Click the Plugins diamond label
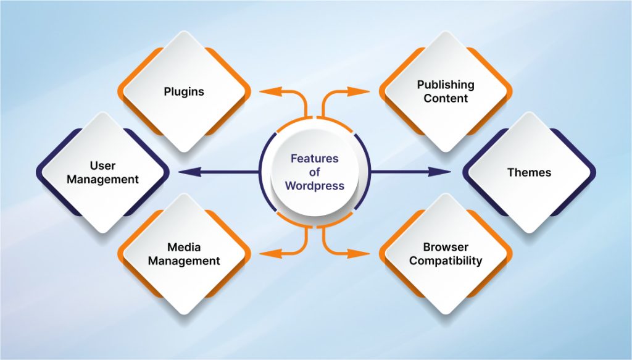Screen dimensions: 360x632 [x=184, y=91]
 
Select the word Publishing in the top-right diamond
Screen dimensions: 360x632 [x=445, y=85]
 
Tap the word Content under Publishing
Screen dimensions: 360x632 [x=445, y=98]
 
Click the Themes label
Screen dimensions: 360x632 [x=529, y=172]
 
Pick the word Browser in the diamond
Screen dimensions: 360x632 [x=445, y=248]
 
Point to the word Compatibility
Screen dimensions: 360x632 [x=445, y=261]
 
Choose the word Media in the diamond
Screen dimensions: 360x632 [x=184, y=248]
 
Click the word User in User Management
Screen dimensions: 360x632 [x=102, y=165]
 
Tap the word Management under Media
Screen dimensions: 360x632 [x=184, y=261]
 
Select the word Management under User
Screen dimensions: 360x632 [x=102, y=180]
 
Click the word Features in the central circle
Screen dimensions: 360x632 [x=315, y=159]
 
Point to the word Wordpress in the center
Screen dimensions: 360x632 [x=315, y=186]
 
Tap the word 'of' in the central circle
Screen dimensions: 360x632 [x=315, y=172]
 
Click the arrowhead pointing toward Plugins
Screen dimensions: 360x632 [x=266, y=92]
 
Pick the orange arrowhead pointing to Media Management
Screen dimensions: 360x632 [x=266, y=253]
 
